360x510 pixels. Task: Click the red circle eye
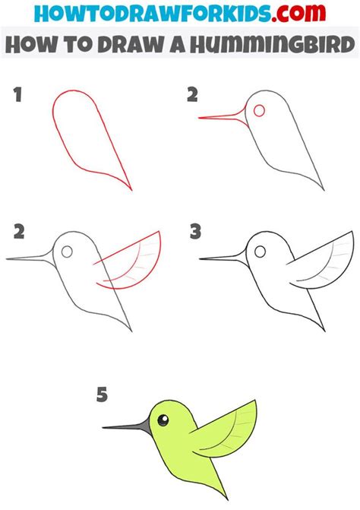(x=259, y=111)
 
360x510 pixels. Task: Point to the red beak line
(x=220, y=116)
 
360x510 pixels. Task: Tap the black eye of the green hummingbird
(x=160, y=415)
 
